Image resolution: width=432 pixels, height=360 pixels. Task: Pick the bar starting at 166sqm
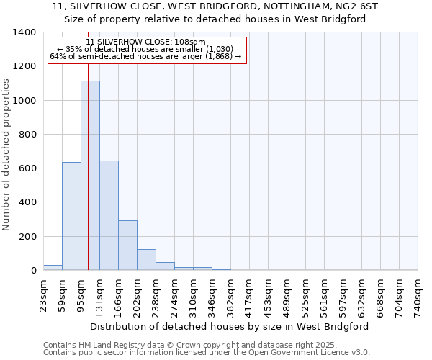tap(127, 245)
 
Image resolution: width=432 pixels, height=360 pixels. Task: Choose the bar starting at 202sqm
tap(146, 259)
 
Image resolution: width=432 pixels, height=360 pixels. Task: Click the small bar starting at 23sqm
tap(53, 267)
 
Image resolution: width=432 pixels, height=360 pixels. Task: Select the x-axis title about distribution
tap(230, 326)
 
